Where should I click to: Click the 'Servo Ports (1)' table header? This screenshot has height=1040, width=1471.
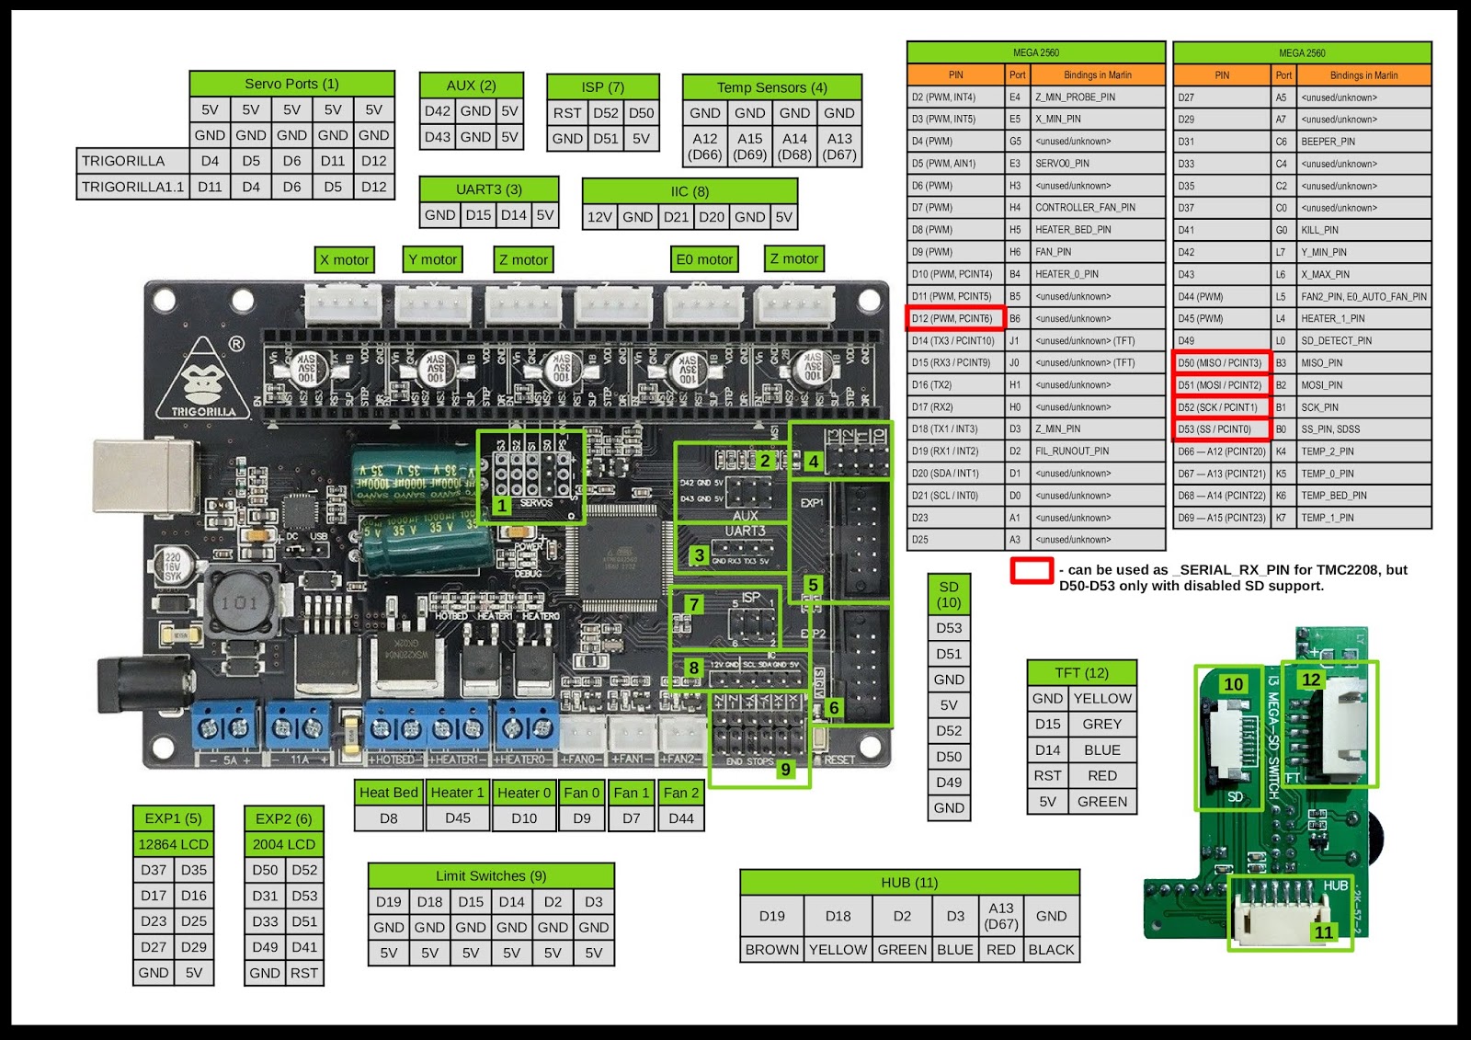point(291,84)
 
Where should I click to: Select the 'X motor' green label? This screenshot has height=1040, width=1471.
point(344,259)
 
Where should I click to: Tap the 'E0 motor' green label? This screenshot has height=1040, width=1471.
point(704,259)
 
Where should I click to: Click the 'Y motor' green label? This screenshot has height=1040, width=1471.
point(432,259)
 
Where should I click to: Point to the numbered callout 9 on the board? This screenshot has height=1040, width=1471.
point(785,769)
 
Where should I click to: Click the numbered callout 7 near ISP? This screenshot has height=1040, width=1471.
point(694,604)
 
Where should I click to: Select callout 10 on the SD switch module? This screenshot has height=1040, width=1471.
point(1233,684)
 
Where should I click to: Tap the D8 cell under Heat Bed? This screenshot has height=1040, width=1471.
point(389,818)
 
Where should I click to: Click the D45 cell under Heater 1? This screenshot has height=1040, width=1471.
point(458,818)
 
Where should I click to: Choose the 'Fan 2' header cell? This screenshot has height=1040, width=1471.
point(681,793)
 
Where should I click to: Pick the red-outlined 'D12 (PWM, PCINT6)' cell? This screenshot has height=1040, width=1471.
point(952,318)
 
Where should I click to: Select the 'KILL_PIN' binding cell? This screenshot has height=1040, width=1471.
point(1319,230)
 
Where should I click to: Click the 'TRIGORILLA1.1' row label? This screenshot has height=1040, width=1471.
point(132,187)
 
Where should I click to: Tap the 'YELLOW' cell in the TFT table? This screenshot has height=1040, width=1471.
point(1102,699)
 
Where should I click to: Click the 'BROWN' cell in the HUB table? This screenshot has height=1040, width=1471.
point(772,950)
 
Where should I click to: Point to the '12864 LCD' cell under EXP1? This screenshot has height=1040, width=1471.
point(173,844)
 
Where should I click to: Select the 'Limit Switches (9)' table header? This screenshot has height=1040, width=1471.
point(491,876)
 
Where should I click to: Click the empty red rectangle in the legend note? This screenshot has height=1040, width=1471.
point(1031,570)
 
